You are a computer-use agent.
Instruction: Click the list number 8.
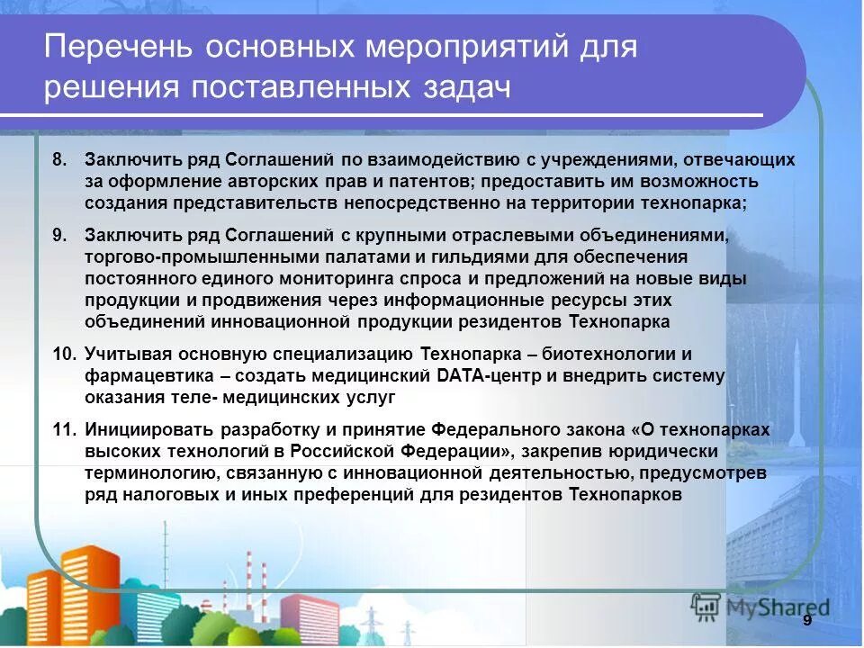[59, 160]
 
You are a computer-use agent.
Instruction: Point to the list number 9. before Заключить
[59, 236]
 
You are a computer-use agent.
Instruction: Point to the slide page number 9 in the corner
[807, 621]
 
